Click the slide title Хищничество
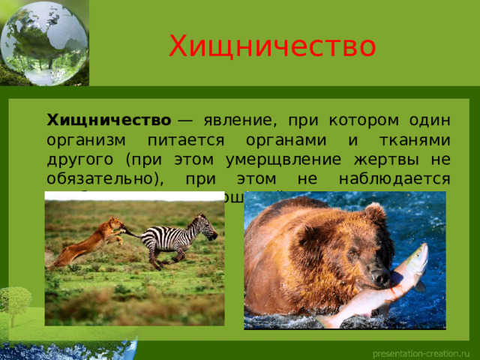coord(271,46)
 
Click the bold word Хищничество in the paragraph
coord(109,120)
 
